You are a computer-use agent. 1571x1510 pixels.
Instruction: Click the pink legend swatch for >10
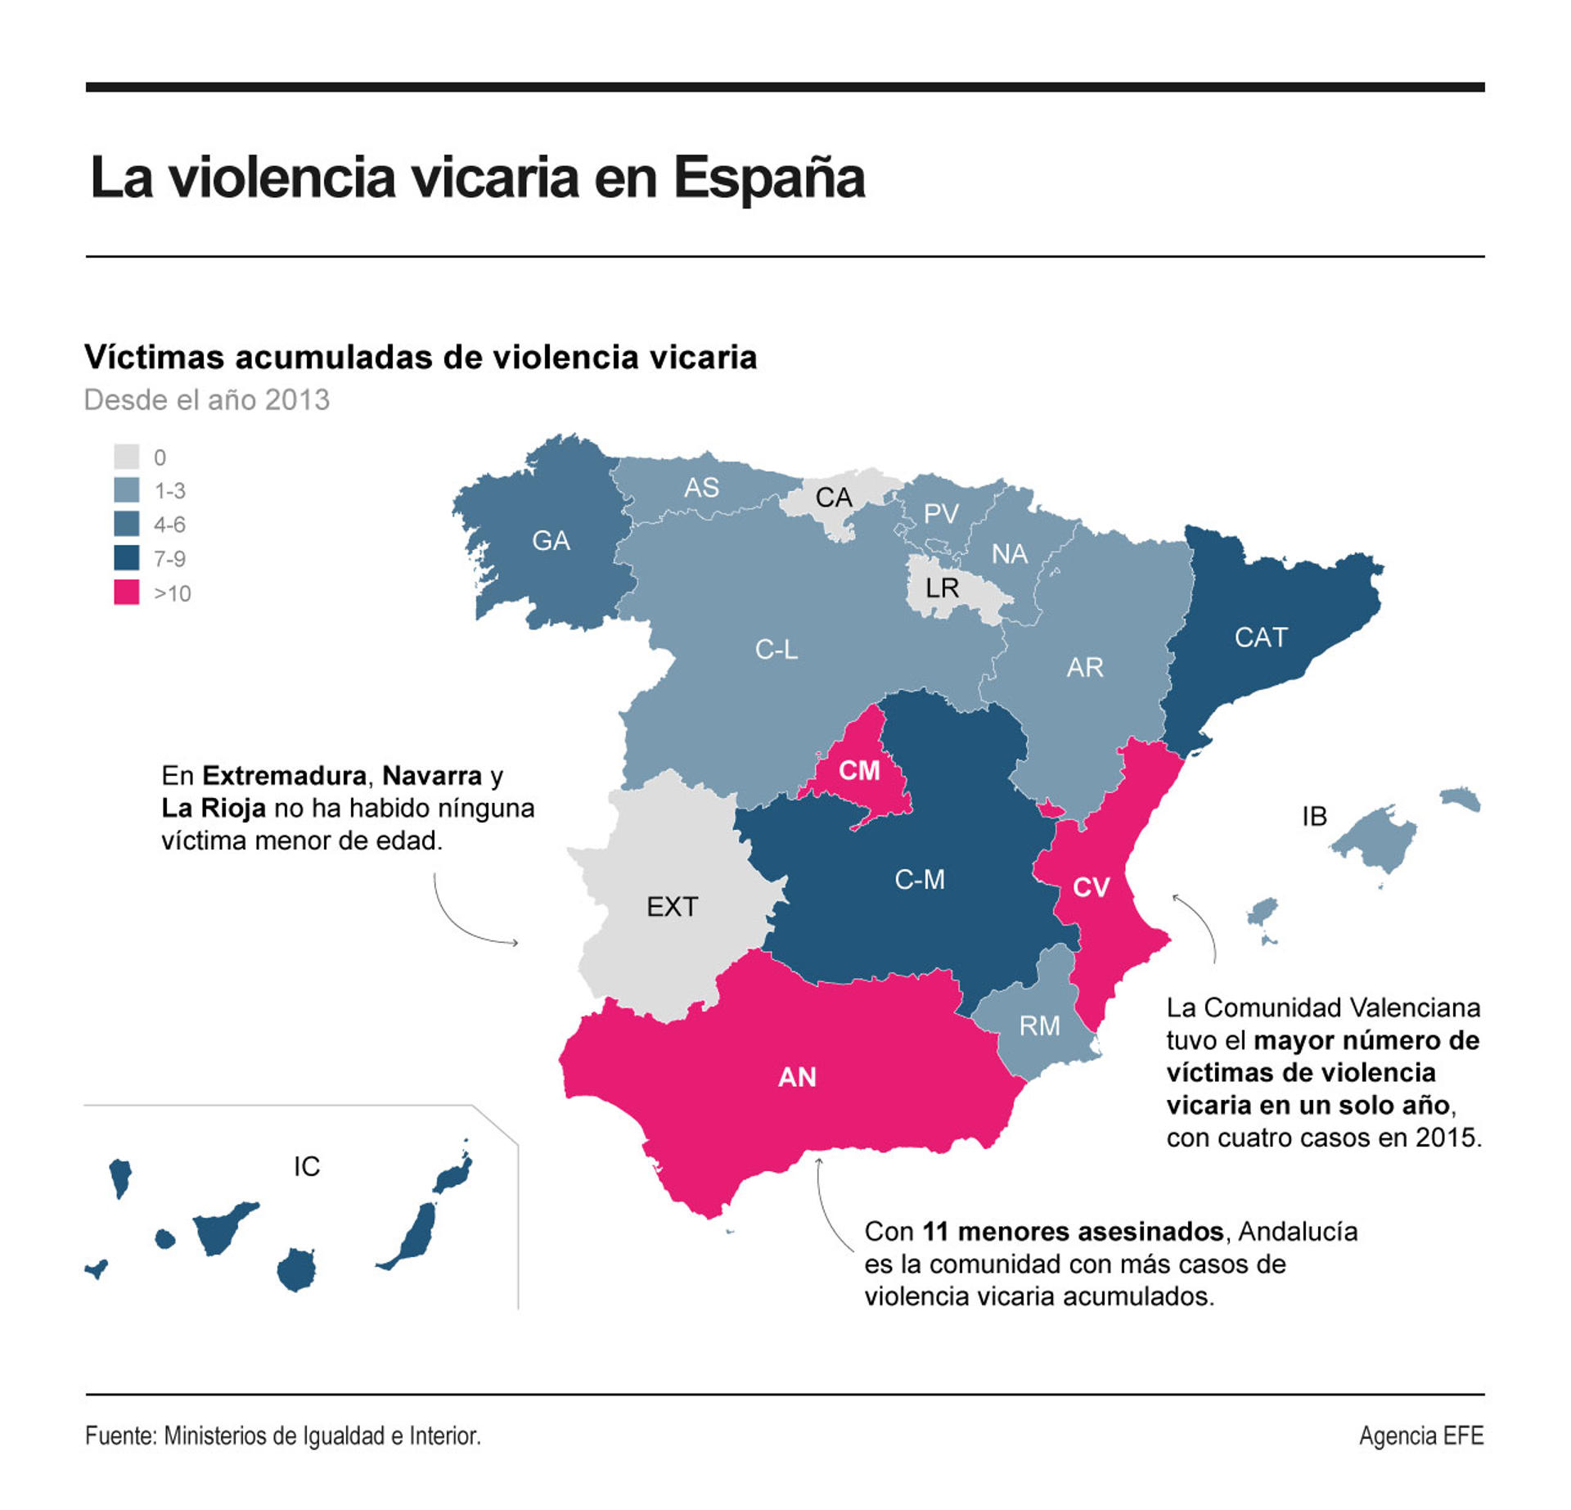coord(126,592)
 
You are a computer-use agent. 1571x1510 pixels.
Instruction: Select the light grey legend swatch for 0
coord(126,457)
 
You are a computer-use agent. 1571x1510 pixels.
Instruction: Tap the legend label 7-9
coord(169,559)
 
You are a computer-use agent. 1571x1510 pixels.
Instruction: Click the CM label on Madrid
coord(858,770)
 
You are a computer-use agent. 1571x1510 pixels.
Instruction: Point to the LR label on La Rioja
coord(941,588)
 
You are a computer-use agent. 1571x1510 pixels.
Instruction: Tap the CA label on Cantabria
coord(833,498)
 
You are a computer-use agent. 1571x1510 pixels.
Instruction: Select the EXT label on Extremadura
coord(672,907)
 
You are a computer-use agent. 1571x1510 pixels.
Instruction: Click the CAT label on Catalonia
coord(1260,638)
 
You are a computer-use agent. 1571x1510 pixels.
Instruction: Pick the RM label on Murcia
coord(1039,1025)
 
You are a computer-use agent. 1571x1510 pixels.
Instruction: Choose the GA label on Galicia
coord(551,541)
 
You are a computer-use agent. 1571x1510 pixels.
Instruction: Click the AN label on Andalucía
coord(796,1077)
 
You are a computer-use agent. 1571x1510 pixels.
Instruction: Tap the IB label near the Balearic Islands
coord(1313,816)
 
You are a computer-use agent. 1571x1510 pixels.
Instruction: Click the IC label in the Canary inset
coord(307,1166)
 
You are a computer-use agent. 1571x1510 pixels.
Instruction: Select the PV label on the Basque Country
coord(940,514)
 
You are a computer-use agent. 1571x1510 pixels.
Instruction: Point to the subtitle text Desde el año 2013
coord(206,400)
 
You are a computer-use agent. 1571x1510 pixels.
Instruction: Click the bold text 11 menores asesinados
coord(1073,1231)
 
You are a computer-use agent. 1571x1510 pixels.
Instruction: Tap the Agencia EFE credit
coord(1420,1436)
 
